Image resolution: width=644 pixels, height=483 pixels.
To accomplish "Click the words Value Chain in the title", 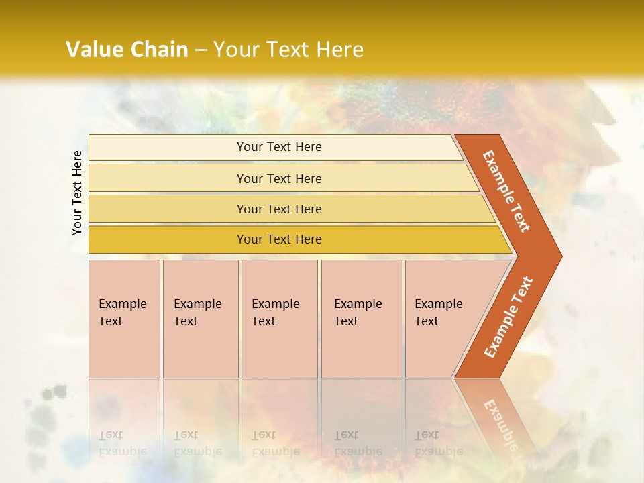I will [127, 49].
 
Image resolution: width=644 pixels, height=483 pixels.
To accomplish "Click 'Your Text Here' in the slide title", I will [288, 49].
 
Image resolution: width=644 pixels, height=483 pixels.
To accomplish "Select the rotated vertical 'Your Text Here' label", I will [77, 193].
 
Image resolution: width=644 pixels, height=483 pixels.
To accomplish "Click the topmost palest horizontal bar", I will [278, 147].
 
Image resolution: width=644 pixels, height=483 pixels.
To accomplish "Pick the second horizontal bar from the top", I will [278, 178].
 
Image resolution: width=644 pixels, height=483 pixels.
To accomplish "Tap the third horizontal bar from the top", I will [278, 209].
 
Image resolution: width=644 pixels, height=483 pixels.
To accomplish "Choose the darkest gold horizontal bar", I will [278, 239].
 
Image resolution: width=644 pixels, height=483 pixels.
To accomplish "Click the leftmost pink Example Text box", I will [124, 319].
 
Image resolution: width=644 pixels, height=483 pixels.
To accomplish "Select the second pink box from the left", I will [201, 319].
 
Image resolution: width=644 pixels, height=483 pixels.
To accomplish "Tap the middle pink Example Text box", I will [279, 319].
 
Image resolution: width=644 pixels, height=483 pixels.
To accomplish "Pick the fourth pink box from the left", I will [361, 319].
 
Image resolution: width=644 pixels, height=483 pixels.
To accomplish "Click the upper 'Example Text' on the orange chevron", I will [506, 191].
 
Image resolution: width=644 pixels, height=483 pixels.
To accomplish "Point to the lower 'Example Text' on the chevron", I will [508, 317].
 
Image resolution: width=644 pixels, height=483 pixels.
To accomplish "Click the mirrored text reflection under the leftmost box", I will [122, 443].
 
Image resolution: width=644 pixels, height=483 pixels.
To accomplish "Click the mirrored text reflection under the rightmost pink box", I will [438, 443].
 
